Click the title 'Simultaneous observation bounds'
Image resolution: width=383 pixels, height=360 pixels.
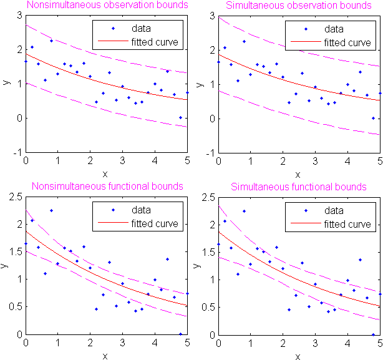tap(299, 6)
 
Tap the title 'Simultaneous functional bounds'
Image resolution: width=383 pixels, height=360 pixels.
tap(299, 187)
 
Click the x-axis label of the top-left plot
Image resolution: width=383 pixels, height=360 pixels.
tap(106, 174)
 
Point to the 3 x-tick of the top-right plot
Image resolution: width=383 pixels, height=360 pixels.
tap(316, 160)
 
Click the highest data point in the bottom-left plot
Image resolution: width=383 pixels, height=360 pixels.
tap(51, 210)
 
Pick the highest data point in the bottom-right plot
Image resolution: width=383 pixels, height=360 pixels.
tap(244, 211)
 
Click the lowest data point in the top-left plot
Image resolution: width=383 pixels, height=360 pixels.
tap(180, 117)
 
